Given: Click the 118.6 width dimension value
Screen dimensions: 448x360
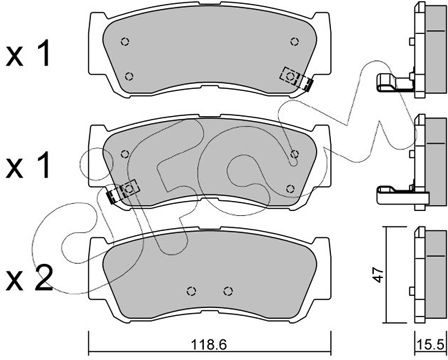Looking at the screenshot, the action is pos(209,345).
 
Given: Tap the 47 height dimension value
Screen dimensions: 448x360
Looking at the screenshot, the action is pos(379,275).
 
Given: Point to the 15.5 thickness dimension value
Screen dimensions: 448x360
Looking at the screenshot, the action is pos(431,345).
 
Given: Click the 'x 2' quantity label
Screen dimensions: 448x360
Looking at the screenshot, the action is pos(29,279).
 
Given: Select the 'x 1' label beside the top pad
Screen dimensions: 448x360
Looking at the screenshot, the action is pos(28,53).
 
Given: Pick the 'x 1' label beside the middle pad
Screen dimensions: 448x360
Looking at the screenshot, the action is pos(28,166).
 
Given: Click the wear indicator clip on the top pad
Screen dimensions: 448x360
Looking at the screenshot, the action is pos(296,79).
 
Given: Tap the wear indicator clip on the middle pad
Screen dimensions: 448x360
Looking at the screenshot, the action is pos(123,192).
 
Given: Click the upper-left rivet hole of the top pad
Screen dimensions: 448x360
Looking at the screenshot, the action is pos(125,42).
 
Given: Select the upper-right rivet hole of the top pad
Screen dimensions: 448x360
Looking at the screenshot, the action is pos(294,42).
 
